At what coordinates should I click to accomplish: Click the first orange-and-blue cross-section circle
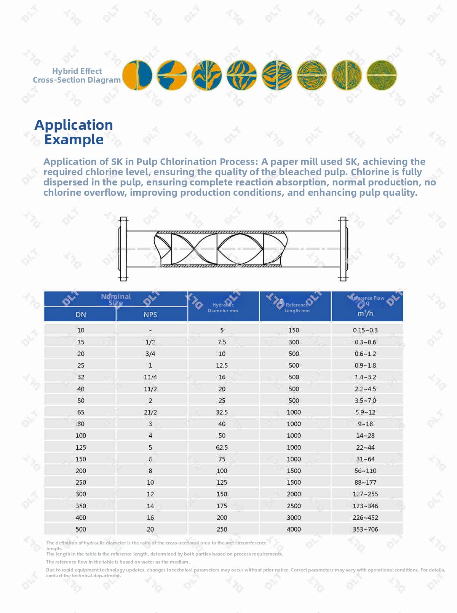pyautogui.click(x=137, y=75)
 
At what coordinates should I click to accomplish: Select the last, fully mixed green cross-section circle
pyautogui.click(x=382, y=75)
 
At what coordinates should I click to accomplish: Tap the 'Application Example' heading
pyautogui.click(x=74, y=132)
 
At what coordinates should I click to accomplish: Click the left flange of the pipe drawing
pyautogui.click(x=123, y=249)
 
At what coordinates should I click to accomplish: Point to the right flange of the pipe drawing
pyautogui.click(x=343, y=249)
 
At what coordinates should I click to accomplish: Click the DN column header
pyautogui.click(x=81, y=314)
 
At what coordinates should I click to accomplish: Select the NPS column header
pyautogui.click(x=150, y=314)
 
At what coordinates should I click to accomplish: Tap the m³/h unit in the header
pyautogui.click(x=366, y=313)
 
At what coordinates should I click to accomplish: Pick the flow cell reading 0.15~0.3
pyautogui.click(x=366, y=330)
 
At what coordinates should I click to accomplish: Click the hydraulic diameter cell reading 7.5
pyautogui.click(x=222, y=342)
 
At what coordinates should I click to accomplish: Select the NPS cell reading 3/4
pyautogui.click(x=150, y=354)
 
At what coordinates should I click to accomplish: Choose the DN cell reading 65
pyautogui.click(x=81, y=412)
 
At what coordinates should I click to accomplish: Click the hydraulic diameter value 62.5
pyautogui.click(x=222, y=447)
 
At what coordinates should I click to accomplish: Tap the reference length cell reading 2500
pyautogui.click(x=294, y=506)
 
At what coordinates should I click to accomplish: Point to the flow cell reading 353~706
pyautogui.click(x=366, y=529)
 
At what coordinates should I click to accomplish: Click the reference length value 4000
pyautogui.click(x=294, y=529)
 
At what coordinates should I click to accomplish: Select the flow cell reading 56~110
pyautogui.click(x=366, y=471)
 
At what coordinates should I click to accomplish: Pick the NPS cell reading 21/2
pyautogui.click(x=150, y=412)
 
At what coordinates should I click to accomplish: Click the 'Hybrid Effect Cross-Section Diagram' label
pyautogui.click(x=77, y=75)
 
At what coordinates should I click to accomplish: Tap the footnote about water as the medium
pyautogui.click(x=118, y=562)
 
